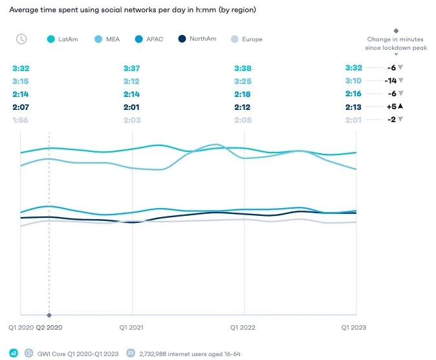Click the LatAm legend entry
click(63, 39)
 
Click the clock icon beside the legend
click(21, 39)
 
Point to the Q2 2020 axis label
click(49, 328)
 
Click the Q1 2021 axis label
click(132, 328)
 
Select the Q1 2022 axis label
click(244, 328)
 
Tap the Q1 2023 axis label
click(354, 328)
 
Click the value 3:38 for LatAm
click(243, 69)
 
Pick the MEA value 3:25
click(243, 81)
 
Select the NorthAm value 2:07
click(21, 107)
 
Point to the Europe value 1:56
click(21, 120)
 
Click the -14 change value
click(390, 81)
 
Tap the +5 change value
click(390, 107)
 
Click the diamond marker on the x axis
click(49, 315)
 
